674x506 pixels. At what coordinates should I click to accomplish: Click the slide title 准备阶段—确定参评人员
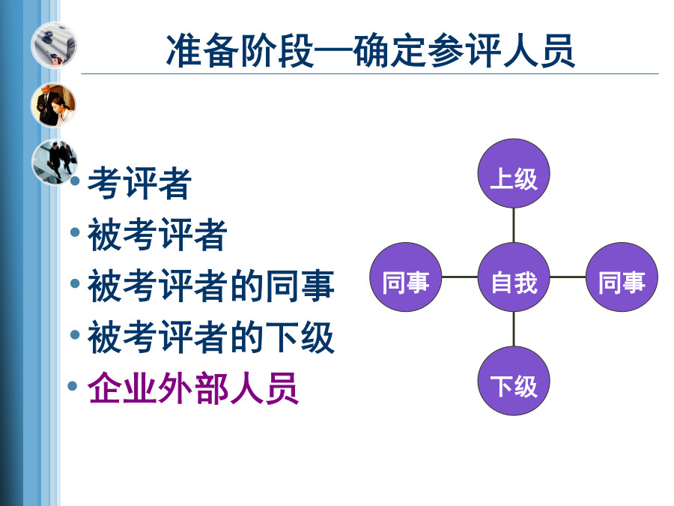click(371, 50)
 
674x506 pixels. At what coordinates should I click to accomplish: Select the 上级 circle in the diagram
click(514, 173)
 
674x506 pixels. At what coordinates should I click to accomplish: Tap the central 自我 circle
click(514, 277)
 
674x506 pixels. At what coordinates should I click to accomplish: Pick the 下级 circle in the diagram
click(514, 381)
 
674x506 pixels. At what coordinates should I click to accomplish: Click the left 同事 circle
click(406, 277)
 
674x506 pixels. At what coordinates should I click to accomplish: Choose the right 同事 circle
click(622, 277)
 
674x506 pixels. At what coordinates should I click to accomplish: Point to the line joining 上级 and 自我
click(514, 225)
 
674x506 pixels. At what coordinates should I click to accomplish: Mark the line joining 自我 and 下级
click(514, 329)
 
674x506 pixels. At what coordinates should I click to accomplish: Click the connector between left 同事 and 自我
click(460, 277)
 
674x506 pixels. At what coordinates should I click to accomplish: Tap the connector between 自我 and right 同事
click(568, 277)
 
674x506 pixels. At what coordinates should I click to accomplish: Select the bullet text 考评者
click(140, 184)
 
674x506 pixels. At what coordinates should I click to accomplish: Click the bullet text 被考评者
click(157, 235)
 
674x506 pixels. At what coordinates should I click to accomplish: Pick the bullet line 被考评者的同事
click(211, 286)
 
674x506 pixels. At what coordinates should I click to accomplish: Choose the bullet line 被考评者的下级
click(211, 337)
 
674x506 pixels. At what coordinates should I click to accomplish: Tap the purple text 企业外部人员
click(193, 388)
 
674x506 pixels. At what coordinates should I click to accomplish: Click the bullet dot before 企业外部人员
click(73, 385)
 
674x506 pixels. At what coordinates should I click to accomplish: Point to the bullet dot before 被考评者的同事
click(75, 283)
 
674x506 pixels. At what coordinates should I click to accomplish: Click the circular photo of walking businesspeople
click(54, 162)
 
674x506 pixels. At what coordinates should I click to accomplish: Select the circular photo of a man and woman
click(53, 106)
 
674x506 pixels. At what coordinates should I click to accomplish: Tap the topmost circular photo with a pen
click(54, 45)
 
